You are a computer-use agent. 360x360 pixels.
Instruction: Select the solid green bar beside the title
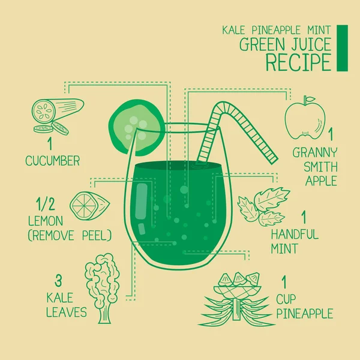[x=342, y=47]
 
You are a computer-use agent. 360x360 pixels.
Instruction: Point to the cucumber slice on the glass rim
[x=136, y=124]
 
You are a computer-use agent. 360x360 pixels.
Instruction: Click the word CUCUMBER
[x=52, y=161]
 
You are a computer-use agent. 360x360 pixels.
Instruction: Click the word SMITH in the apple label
[x=315, y=167]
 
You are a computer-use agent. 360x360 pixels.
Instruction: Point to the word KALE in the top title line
[x=236, y=29]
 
